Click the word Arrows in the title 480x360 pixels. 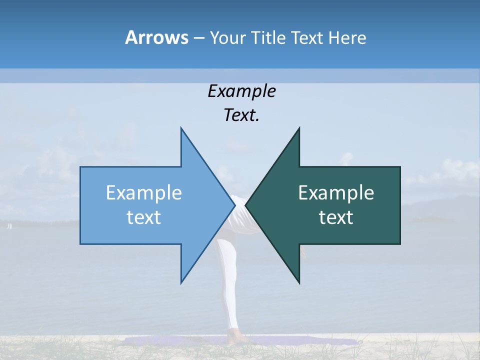[156, 37]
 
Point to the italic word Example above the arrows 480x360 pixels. [241, 91]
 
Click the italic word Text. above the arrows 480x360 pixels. [241, 115]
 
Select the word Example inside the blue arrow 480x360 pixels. [144, 193]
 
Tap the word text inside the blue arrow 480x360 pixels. [144, 217]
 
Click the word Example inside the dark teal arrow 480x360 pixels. [336, 193]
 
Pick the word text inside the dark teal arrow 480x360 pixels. [336, 217]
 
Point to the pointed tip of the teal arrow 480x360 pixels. [246, 205]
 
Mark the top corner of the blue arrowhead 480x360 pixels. [181, 128]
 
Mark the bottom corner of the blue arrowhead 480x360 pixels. [181, 283]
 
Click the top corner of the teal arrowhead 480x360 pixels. [299, 128]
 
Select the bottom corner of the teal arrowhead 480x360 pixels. [299, 283]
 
